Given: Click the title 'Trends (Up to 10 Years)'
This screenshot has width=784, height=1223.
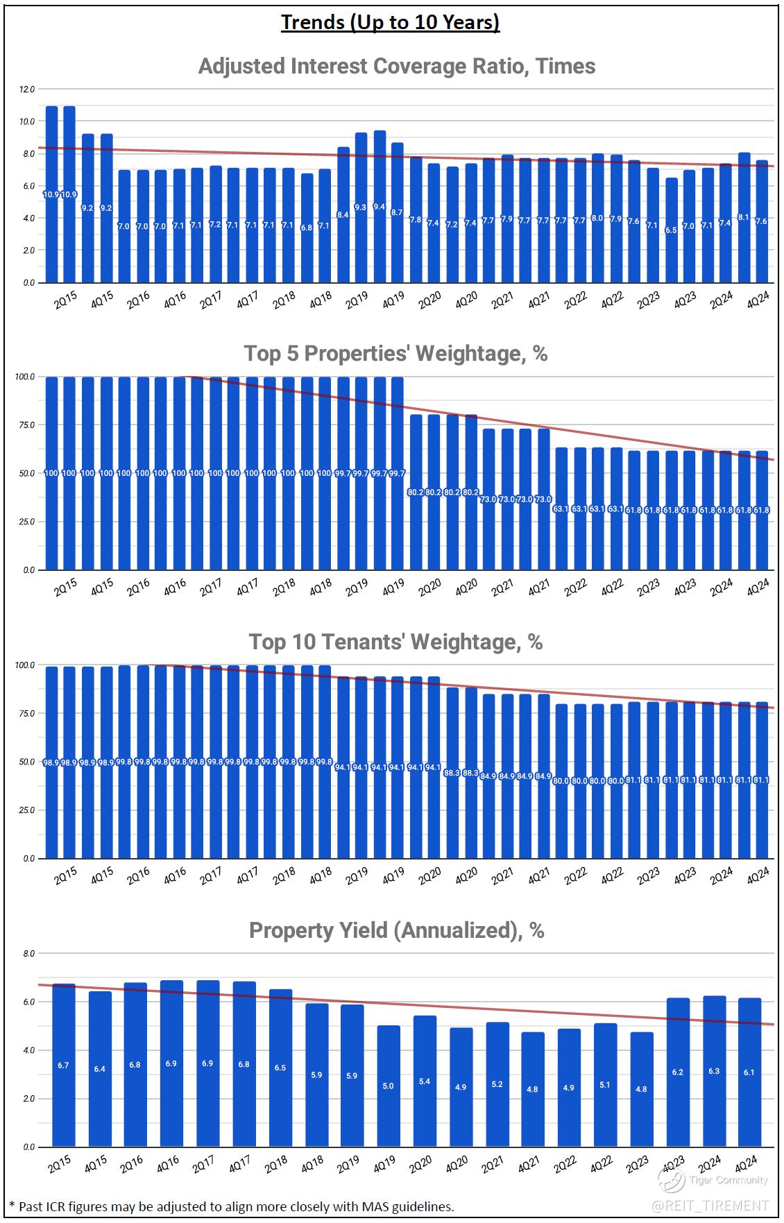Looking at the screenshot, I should point(390,22).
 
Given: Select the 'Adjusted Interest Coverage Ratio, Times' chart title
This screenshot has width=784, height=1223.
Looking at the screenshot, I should point(396,66).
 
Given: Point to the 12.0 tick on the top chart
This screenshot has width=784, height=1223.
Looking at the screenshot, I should point(27,89).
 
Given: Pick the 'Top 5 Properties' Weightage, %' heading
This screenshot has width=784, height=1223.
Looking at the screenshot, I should point(395,354).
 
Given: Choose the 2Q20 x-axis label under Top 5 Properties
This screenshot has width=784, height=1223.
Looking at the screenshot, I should point(429,588).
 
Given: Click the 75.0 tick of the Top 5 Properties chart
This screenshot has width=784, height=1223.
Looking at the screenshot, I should point(27,425).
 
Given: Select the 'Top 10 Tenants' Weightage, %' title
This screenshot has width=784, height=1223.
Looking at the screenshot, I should point(395,642).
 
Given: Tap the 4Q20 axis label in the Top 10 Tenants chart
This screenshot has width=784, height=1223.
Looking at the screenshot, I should point(466,876).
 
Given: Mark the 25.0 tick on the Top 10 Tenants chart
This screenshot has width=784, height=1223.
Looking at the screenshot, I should point(27,810).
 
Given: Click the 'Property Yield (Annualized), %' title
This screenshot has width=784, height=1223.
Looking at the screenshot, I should point(396,930).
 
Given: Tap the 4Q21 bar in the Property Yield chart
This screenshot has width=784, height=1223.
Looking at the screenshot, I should point(533,1089).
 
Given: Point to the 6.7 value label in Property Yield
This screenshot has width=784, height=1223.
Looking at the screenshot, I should point(63,1065).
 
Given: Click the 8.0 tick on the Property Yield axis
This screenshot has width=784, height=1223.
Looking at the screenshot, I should point(28,954).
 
